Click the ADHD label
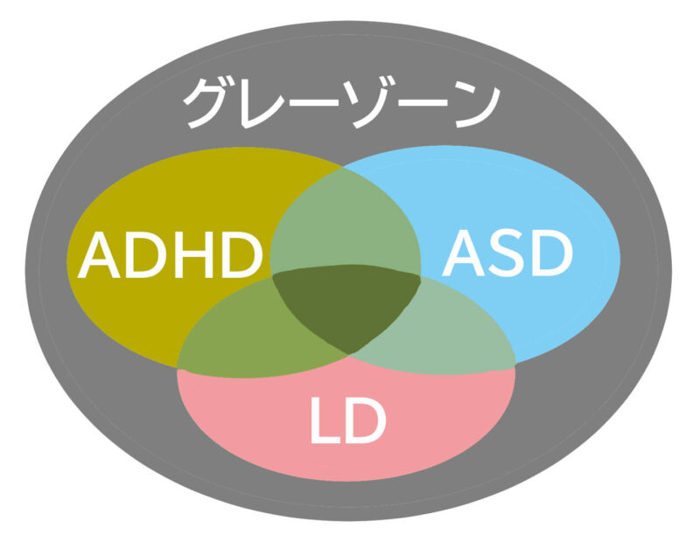(x=170, y=255)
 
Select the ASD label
(x=507, y=253)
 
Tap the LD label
(x=348, y=420)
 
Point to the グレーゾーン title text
(x=342, y=104)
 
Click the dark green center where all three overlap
(x=346, y=303)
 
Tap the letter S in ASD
(x=508, y=253)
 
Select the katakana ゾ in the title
(x=370, y=104)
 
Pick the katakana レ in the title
(x=263, y=106)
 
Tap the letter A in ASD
(x=464, y=253)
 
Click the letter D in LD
(x=365, y=420)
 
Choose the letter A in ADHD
(x=99, y=255)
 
